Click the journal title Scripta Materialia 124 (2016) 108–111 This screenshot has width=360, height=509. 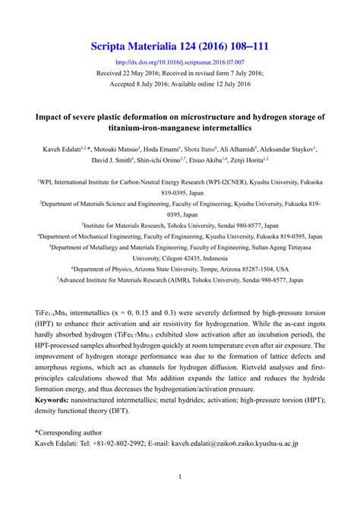[x=179, y=47]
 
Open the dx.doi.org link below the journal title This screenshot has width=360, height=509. [x=179, y=62]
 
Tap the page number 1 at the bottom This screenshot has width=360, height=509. [x=180, y=478]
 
